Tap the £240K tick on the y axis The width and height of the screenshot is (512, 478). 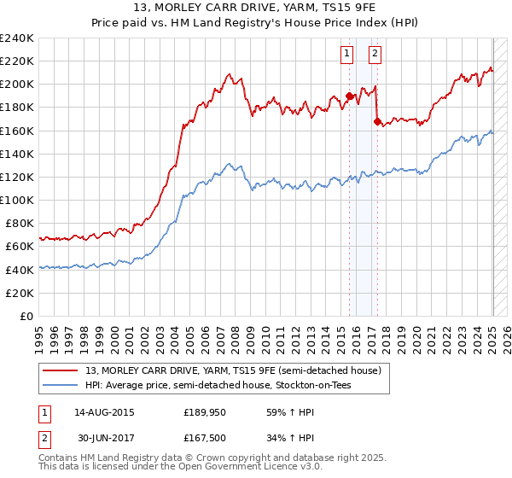(17, 38)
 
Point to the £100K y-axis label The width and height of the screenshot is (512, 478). (17, 200)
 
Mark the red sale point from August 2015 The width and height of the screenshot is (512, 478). (349, 96)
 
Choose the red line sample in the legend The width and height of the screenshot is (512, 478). (60, 370)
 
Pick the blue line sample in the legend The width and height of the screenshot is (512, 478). (60, 385)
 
